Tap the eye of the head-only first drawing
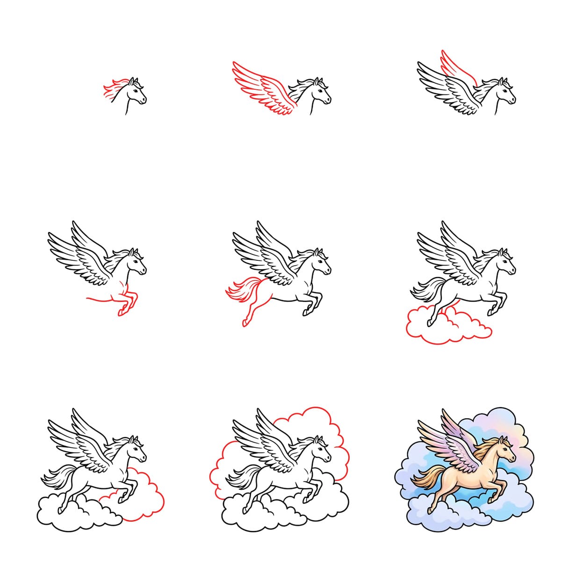[137, 91]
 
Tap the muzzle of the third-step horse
[513, 100]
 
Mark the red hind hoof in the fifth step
[245, 322]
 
